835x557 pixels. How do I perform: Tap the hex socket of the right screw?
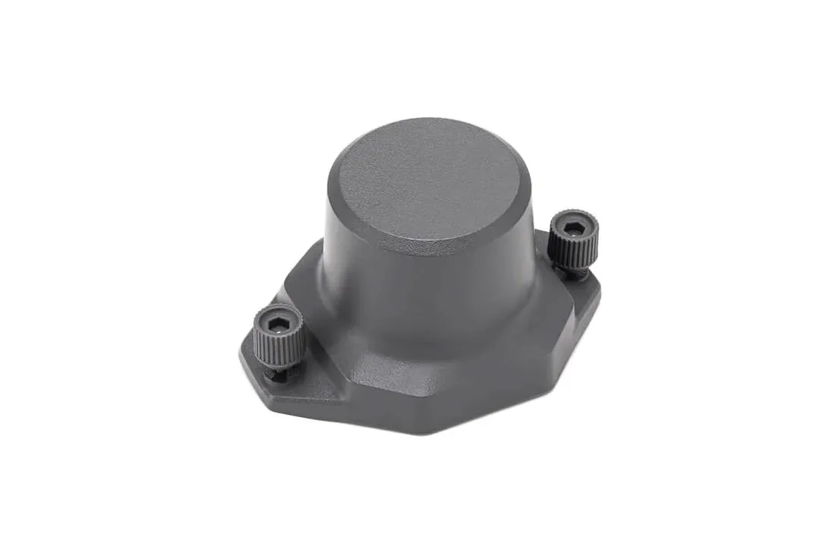tap(574, 226)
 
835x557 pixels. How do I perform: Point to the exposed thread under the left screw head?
tap(275, 373)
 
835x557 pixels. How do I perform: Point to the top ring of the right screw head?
tap(574, 216)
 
